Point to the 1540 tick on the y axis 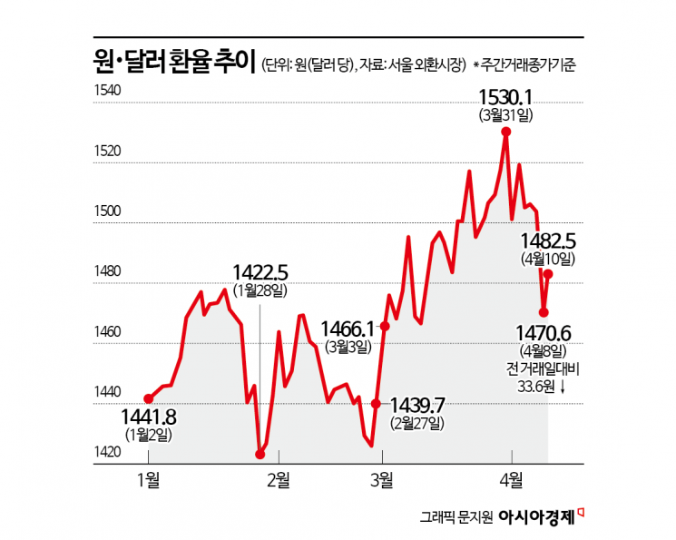pyautogui.click(x=107, y=89)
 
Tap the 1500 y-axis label pyautogui.click(x=107, y=211)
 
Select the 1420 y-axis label pyautogui.click(x=107, y=453)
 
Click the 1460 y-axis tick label pyautogui.click(x=107, y=332)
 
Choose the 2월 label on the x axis pyautogui.click(x=278, y=478)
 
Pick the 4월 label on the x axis pyautogui.click(x=512, y=478)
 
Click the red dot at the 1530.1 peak pyautogui.click(x=505, y=131)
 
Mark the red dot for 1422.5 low pyautogui.click(x=260, y=455)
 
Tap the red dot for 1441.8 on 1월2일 pyautogui.click(x=148, y=398)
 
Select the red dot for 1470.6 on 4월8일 pyautogui.click(x=544, y=312)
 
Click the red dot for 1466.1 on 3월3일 pyautogui.click(x=385, y=326)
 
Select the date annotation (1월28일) pyautogui.click(x=260, y=290)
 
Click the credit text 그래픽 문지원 pyautogui.click(x=456, y=518)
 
